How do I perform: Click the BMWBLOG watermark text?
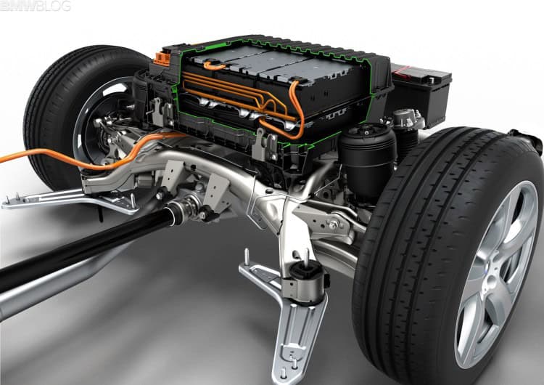(x=36, y=7)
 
